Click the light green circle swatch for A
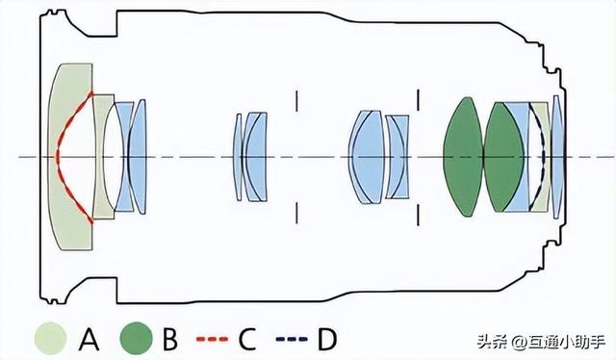(x=50, y=338)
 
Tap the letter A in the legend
(x=89, y=338)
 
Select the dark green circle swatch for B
(x=137, y=338)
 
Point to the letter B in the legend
(x=170, y=339)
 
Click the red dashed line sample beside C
(x=212, y=339)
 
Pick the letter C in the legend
(x=247, y=339)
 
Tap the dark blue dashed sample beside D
(x=292, y=339)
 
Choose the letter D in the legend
(x=327, y=339)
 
